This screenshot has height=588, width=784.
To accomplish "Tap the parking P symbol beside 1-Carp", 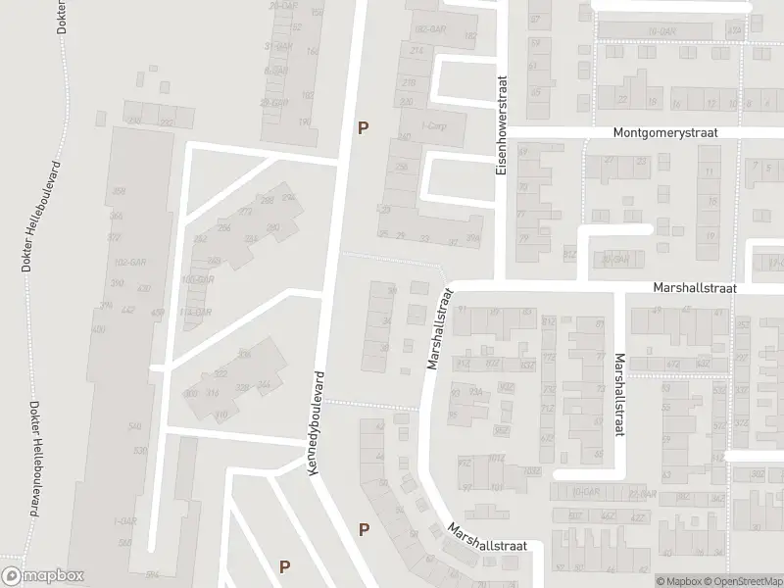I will coord(364,127).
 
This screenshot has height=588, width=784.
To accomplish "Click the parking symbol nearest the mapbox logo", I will coord(285,565).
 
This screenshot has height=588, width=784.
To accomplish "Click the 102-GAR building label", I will coord(122,263).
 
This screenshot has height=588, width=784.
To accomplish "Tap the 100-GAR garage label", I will coord(198,279).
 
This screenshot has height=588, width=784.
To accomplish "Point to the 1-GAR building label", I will coord(124,520).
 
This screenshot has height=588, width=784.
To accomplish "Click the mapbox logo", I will coord(42,576).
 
